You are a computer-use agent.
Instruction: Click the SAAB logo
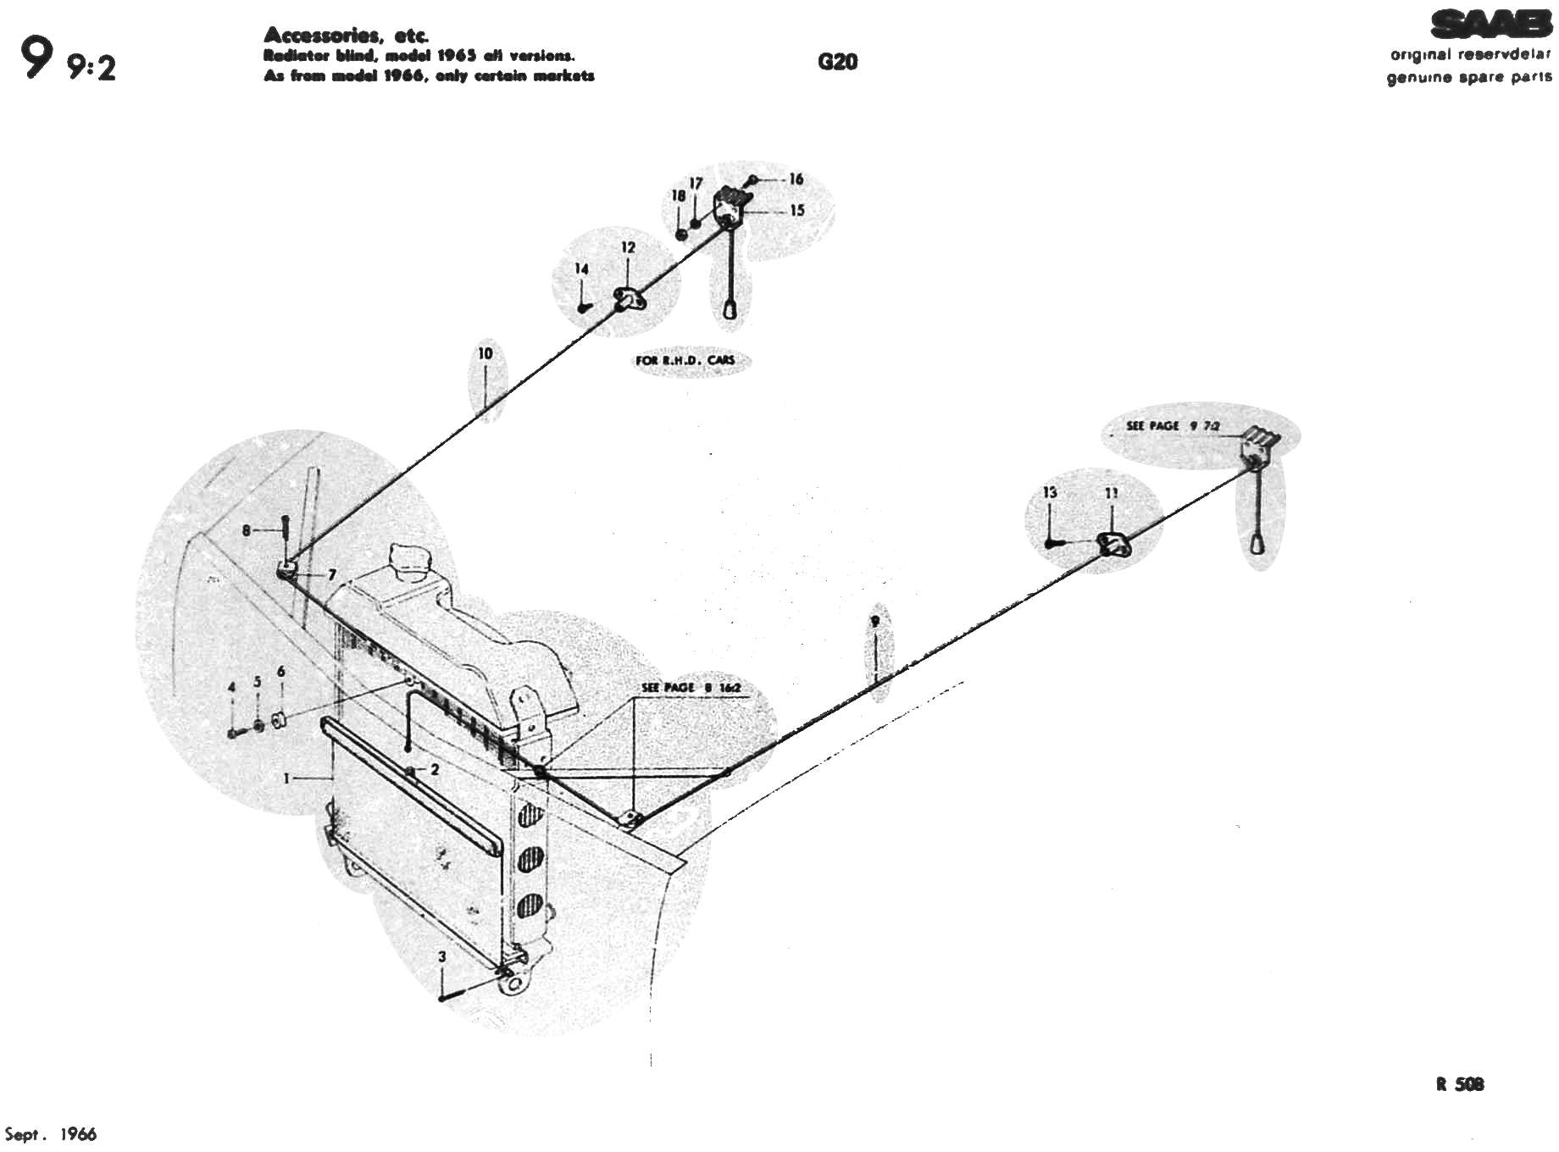tap(1491, 25)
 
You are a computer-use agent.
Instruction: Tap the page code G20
tap(837, 62)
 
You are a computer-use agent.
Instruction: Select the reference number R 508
tap(1459, 1084)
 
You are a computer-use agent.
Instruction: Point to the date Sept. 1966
tap(52, 1135)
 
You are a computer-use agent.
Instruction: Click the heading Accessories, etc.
tap(347, 36)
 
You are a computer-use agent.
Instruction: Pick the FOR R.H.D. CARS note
tap(685, 360)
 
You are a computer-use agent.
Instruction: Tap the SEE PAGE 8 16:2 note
tap(691, 687)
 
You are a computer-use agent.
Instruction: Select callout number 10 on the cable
tap(485, 353)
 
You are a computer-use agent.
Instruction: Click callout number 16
tap(795, 180)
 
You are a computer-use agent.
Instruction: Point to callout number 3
tap(441, 957)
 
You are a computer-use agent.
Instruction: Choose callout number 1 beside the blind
tap(287, 778)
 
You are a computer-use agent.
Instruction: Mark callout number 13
tap(1051, 492)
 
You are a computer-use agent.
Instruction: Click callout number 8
tap(247, 530)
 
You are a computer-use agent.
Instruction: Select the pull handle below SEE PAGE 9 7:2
tap(1257, 541)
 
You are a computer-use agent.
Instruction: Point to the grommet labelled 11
tap(1112, 546)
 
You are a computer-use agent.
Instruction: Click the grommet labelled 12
tap(628, 297)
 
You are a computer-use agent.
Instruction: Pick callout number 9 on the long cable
tap(874, 621)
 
